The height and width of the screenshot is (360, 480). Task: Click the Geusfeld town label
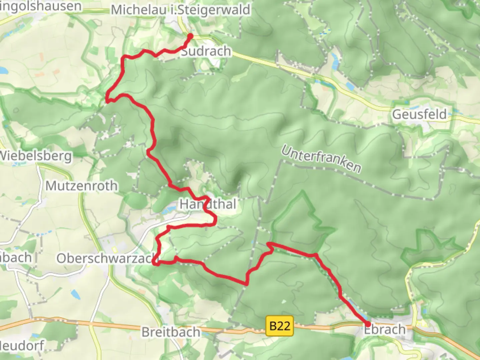[x=419, y=114]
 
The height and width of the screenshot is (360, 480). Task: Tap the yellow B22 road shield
[x=280, y=326]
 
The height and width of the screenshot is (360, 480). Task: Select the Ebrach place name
[x=385, y=330]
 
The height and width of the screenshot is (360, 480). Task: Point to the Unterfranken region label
[x=321, y=159]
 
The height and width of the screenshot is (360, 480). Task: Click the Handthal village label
[x=208, y=204]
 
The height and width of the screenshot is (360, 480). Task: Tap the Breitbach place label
[x=171, y=332]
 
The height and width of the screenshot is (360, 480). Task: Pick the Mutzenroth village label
[x=81, y=186]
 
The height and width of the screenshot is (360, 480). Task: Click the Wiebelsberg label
[x=36, y=156]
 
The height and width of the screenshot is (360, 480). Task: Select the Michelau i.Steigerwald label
[x=180, y=10]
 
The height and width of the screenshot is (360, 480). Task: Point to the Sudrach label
[x=206, y=51]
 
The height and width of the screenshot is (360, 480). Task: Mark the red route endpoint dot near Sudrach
[x=190, y=36]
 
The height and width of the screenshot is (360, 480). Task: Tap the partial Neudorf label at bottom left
[x=22, y=345]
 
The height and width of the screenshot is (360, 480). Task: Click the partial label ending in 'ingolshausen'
[x=41, y=6]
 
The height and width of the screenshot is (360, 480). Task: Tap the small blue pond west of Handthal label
[x=170, y=209]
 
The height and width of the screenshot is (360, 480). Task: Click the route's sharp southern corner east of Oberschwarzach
[x=247, y=284]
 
